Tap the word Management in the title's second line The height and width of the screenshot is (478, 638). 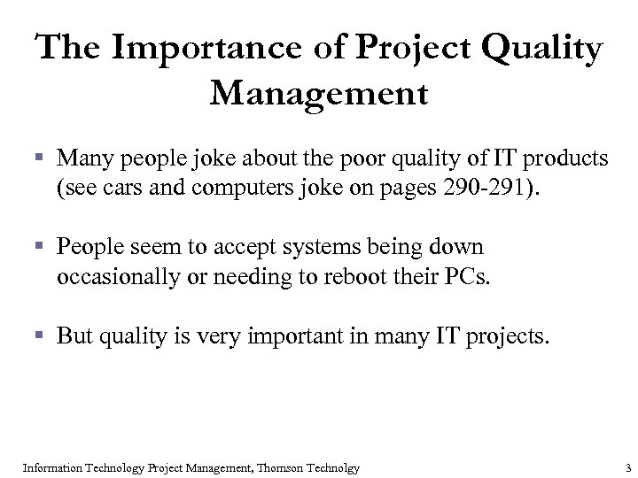(x=319, y=91)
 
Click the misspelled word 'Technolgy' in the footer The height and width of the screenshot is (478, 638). (x=334, y=466)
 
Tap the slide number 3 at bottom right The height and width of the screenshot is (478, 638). (x=626, y=466)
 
